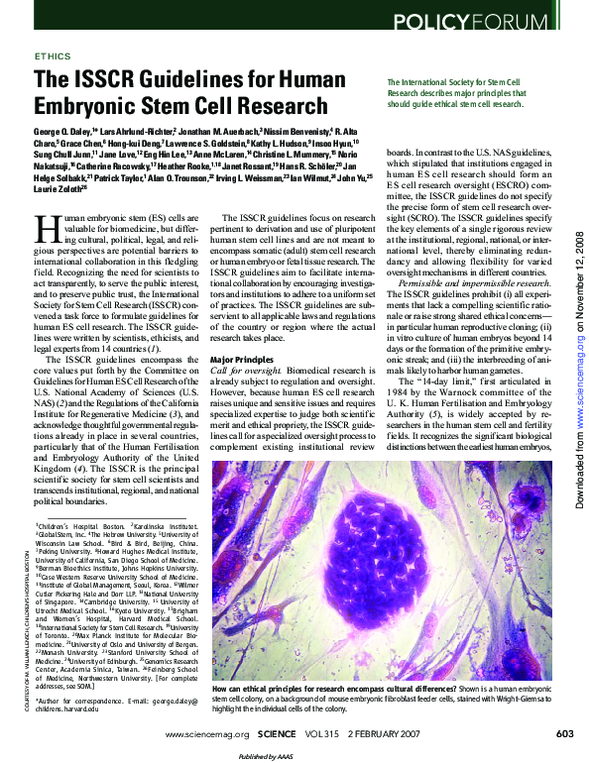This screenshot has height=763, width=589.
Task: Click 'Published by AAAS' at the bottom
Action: pos(294,756)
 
